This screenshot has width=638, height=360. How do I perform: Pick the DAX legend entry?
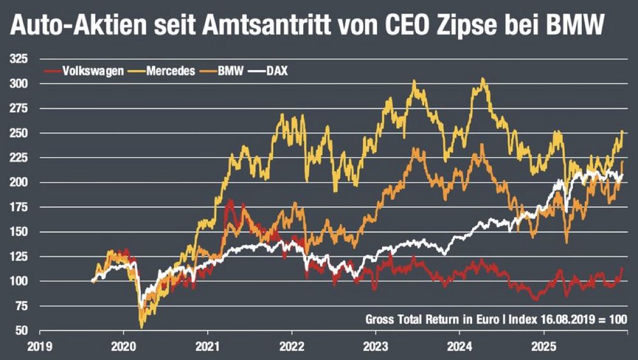coord(276,71)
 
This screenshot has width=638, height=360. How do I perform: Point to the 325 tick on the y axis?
coord(19,59)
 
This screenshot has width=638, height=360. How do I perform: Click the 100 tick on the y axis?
coord(19,281)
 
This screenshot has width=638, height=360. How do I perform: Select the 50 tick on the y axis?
coord(22,331)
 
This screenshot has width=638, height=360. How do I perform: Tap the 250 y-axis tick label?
coord(19,133)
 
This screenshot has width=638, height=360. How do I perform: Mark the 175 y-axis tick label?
coord(19,207)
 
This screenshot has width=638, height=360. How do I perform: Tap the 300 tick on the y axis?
coord(19,84)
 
